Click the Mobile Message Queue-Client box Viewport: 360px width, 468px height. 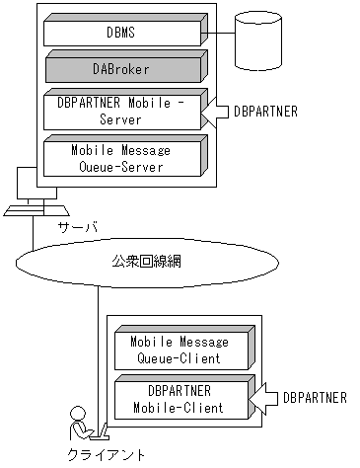point(179,351)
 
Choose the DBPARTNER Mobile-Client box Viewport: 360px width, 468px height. point(179,399)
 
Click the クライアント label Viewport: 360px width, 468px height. point(106,455)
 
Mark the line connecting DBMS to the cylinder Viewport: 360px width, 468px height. point(222,34)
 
